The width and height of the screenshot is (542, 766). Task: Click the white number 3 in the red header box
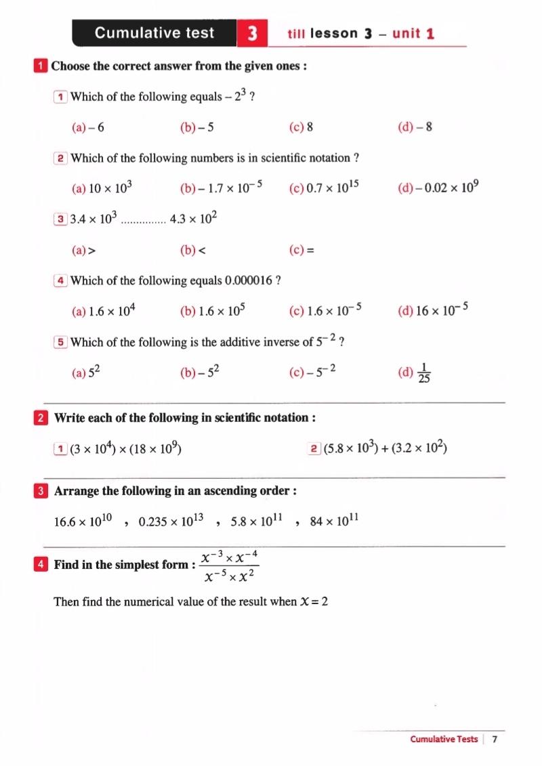coord(252,33)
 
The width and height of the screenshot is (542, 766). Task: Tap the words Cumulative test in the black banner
coord(154,33)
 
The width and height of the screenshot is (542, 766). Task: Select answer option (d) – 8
coord(415,127)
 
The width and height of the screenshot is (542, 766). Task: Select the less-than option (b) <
coord(192,250)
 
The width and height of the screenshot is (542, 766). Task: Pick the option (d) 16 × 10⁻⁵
coord(434,311)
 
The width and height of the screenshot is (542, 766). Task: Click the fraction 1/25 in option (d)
coord(424,373)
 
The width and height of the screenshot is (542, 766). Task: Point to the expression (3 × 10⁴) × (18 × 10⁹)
coord(125,448)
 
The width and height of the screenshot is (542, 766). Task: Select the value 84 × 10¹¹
coord(334,522)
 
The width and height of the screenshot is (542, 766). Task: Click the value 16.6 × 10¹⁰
coord(82,522)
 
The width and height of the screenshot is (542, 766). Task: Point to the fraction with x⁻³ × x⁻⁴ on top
coord(231,566)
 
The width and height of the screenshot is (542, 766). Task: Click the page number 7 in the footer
coord(495,739)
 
